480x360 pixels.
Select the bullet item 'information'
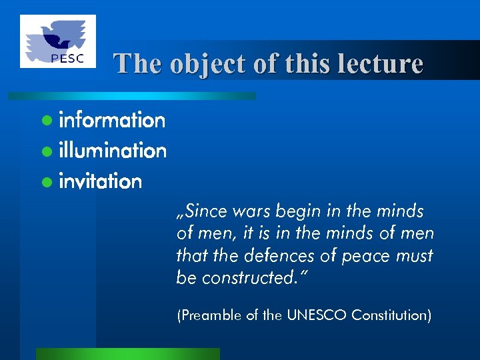click(112, 121)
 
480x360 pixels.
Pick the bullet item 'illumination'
click(113, 151)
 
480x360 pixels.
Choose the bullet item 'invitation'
click(101, 181)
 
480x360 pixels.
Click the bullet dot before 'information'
click(45, 121)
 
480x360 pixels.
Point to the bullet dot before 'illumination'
click(45, 152)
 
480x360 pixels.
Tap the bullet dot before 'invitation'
click(45, 182)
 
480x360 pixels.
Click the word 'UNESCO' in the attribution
click(317, 315)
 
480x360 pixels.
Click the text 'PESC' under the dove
click(67, 57)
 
